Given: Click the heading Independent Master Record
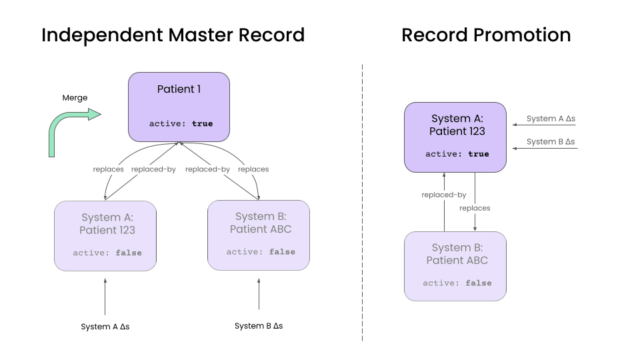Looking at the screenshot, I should coord(173,35).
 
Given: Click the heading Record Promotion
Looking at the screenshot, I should coord(485,35).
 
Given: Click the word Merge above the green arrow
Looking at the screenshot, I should coord(75,97).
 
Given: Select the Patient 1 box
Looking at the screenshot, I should coord(179,107).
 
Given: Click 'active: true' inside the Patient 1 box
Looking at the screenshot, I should coord(181,123).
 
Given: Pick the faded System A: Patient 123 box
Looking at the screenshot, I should coord(105,235).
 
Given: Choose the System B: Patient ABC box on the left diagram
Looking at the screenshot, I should coord(259,235).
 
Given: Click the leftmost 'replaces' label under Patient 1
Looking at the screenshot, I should coord(108,169).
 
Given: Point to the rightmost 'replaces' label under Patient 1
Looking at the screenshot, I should coord(253,169).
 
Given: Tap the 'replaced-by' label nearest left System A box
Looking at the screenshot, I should coord(153,169).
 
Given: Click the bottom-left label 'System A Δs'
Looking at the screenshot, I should coord(105,327).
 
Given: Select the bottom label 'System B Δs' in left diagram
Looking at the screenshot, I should coord(259,326).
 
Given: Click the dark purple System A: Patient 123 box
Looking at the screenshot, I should coord(455,137).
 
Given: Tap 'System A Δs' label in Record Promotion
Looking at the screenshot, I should coord(551,119).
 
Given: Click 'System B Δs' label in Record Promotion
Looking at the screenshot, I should coord(551,142).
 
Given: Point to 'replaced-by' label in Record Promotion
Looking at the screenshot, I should coord(443,195).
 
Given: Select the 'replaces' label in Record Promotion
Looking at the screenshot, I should coord(475,208).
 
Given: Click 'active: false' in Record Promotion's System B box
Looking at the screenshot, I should coord(457,283).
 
